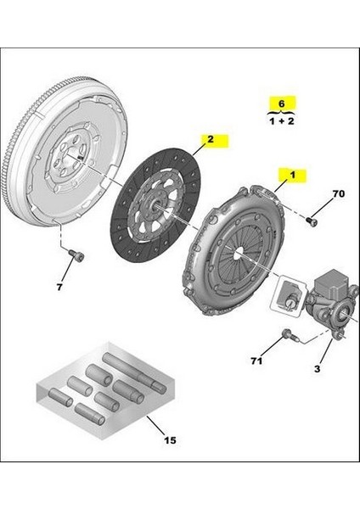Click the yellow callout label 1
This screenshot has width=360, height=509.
coord(293,176)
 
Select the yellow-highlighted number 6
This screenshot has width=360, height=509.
coord(273,104)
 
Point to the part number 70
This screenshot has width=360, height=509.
coord(337,195)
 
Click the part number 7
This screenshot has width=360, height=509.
coord(61,288)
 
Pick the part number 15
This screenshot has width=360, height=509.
coord(169,439)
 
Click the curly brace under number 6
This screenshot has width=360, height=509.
coord(273,114)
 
